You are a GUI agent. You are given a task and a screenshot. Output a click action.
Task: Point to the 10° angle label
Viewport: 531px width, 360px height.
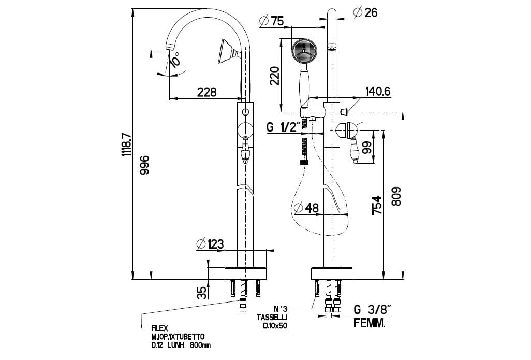[175, 61]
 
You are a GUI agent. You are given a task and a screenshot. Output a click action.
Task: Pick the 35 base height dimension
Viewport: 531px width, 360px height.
[202, 292]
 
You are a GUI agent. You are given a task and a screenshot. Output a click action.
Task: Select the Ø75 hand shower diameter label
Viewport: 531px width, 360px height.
[271, 21]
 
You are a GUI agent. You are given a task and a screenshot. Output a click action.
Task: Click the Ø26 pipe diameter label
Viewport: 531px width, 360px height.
[365, 12]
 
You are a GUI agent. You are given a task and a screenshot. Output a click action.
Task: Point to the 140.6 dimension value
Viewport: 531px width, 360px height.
[377, 92]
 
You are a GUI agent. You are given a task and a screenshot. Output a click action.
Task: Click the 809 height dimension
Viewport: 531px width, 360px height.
[396, 196]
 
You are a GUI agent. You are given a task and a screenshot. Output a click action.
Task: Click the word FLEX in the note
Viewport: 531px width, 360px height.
[158, 328]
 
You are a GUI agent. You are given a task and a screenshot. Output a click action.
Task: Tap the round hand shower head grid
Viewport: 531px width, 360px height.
[303, 51]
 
